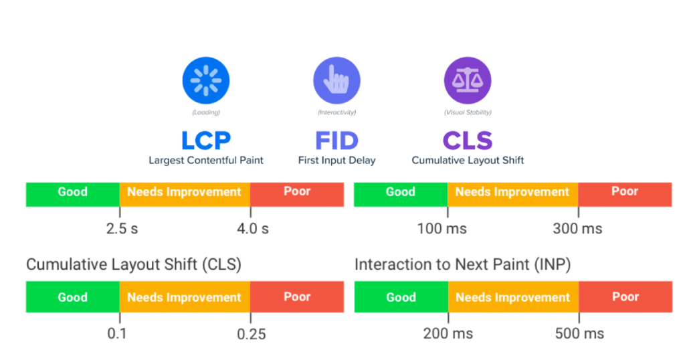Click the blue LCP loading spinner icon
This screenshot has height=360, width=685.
point(205,81)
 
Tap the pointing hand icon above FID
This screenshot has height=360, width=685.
point(336,81)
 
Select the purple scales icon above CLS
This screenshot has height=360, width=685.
point(467,81)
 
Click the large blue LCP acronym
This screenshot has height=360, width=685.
point(205,141)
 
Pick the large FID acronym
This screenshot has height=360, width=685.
point(336,141)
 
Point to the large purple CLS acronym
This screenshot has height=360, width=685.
point(468,141)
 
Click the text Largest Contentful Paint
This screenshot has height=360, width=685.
point(206,161)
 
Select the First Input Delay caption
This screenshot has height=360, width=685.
point(336,161)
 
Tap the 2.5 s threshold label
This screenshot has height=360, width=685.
point(122,229)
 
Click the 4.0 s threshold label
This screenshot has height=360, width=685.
point(252,229)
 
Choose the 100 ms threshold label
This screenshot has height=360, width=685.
point(442,229)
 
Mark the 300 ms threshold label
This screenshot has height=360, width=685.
point(577,229)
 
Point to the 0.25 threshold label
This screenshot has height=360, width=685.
point(251,334)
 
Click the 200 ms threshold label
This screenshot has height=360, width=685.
point(448,333)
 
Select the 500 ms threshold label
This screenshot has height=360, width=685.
point(579,333)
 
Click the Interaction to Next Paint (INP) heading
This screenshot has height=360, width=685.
point(462,264)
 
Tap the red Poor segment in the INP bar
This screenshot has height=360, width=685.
point(625,297)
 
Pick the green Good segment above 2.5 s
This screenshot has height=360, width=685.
point(72,193)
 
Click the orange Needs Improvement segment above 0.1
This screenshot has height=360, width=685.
point(184,297)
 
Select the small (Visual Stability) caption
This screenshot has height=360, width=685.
point(468,112)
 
